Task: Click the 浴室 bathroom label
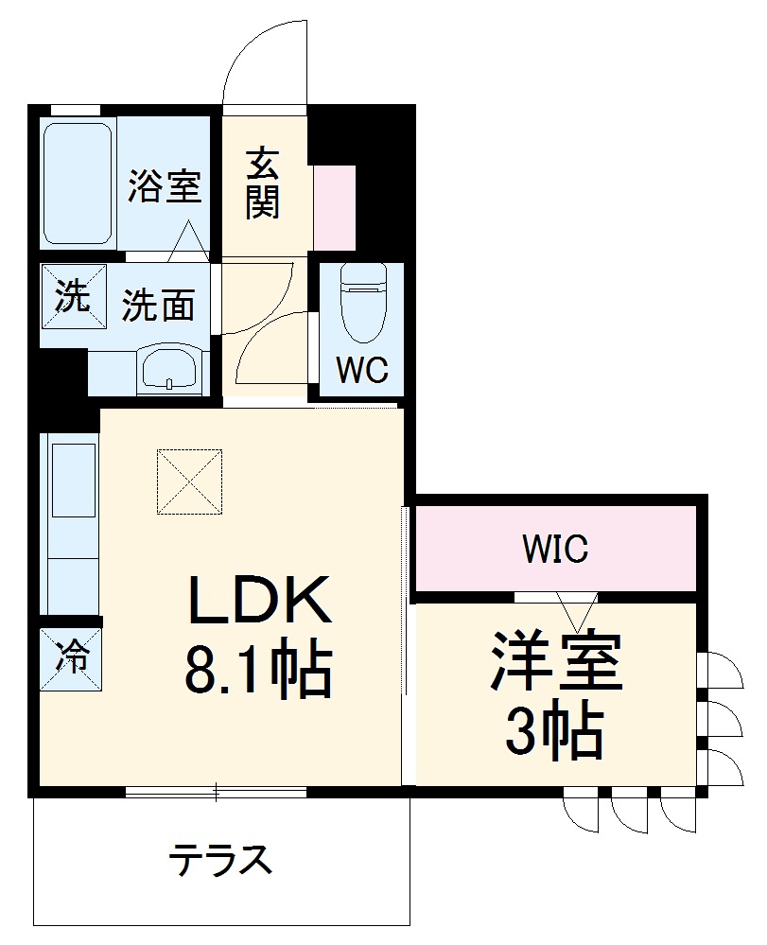point(166,186)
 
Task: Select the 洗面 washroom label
point(159,305)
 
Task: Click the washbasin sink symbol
point(170,370)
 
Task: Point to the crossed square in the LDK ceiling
point(190,481)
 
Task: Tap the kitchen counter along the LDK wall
point(70,525)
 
